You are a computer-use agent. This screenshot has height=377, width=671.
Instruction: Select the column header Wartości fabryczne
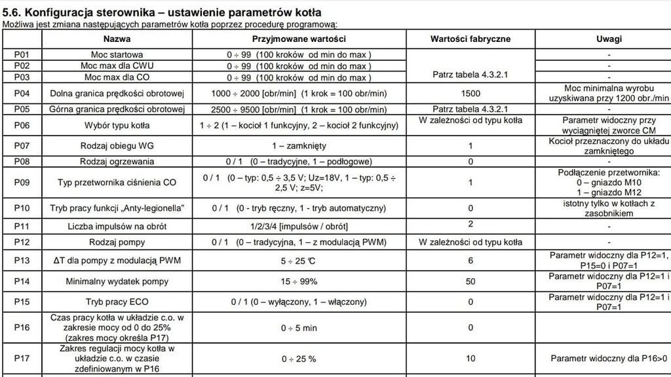click(x=470, y=39)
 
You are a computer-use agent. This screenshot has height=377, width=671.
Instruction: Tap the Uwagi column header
click(x=609, y=39)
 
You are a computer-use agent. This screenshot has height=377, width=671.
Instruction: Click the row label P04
click(x=22, y=93)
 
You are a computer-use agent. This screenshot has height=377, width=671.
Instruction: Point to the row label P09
click(x=22, y=183)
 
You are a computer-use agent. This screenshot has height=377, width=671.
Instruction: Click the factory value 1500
click(x=470, y=93)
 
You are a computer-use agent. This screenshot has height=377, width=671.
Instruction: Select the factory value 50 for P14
click(x=470, y=281)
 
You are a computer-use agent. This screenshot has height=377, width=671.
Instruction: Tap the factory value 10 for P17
click(x=470, y=359)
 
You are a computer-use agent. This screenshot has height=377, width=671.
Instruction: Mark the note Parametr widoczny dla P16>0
click(x=609, y=359)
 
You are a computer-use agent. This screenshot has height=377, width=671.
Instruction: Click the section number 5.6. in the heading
click(x=14, y=12)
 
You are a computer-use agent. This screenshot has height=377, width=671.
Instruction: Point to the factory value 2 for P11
click(x=470, y=223)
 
